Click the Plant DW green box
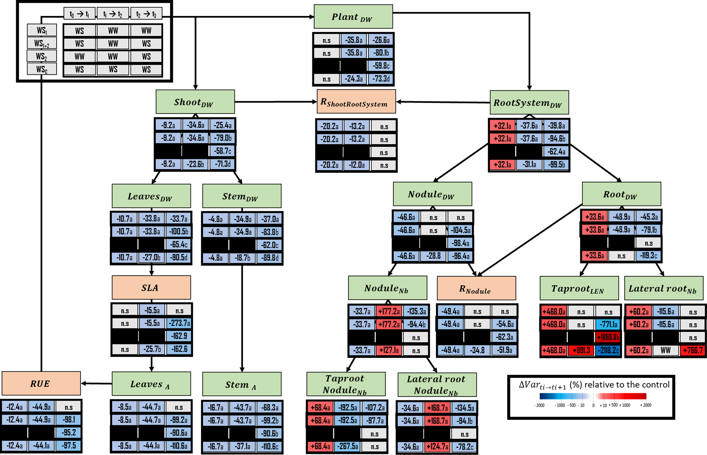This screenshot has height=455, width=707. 353,17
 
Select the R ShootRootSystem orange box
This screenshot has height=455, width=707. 356,102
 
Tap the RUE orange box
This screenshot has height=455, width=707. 41,383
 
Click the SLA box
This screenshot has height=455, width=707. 151,288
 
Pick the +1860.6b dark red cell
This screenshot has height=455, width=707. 608,337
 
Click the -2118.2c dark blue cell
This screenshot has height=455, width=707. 608,350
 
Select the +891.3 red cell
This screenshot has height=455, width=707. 581,350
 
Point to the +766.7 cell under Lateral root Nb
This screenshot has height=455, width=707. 693,350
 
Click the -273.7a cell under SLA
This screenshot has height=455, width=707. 179,323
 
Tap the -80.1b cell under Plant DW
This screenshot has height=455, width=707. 381,53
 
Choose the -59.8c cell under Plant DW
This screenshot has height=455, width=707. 381,66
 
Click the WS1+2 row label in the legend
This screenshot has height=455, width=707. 42,43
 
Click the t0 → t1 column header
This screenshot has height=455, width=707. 79,14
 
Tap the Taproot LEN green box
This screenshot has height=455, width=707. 579,288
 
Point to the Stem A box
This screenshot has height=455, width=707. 242,384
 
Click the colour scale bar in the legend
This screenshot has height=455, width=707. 593,396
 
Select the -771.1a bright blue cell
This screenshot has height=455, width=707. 608,324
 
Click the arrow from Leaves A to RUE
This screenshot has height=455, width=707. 96,383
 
